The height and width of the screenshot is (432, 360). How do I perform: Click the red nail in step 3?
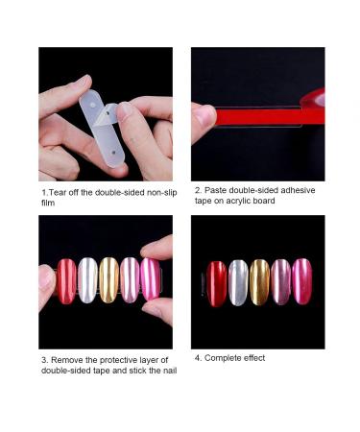point(67,280)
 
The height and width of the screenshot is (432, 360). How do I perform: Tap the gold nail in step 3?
point(109,280)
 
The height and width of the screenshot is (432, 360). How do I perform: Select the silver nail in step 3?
point(88,280)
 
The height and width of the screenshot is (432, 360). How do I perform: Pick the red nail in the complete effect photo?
point(218,283)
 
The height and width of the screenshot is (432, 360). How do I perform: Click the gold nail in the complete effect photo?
point(260,283)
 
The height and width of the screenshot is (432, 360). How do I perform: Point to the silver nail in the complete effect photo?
point(239,283)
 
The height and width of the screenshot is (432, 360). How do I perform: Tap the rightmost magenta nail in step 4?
point(302,282)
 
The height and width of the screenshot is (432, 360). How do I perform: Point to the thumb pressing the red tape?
point(204,121)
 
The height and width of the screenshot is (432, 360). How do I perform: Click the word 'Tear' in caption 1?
point(59,193)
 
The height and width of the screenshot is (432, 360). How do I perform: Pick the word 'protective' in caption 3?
point(114,360)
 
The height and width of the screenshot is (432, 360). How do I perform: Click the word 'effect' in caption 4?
point(253,358)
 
